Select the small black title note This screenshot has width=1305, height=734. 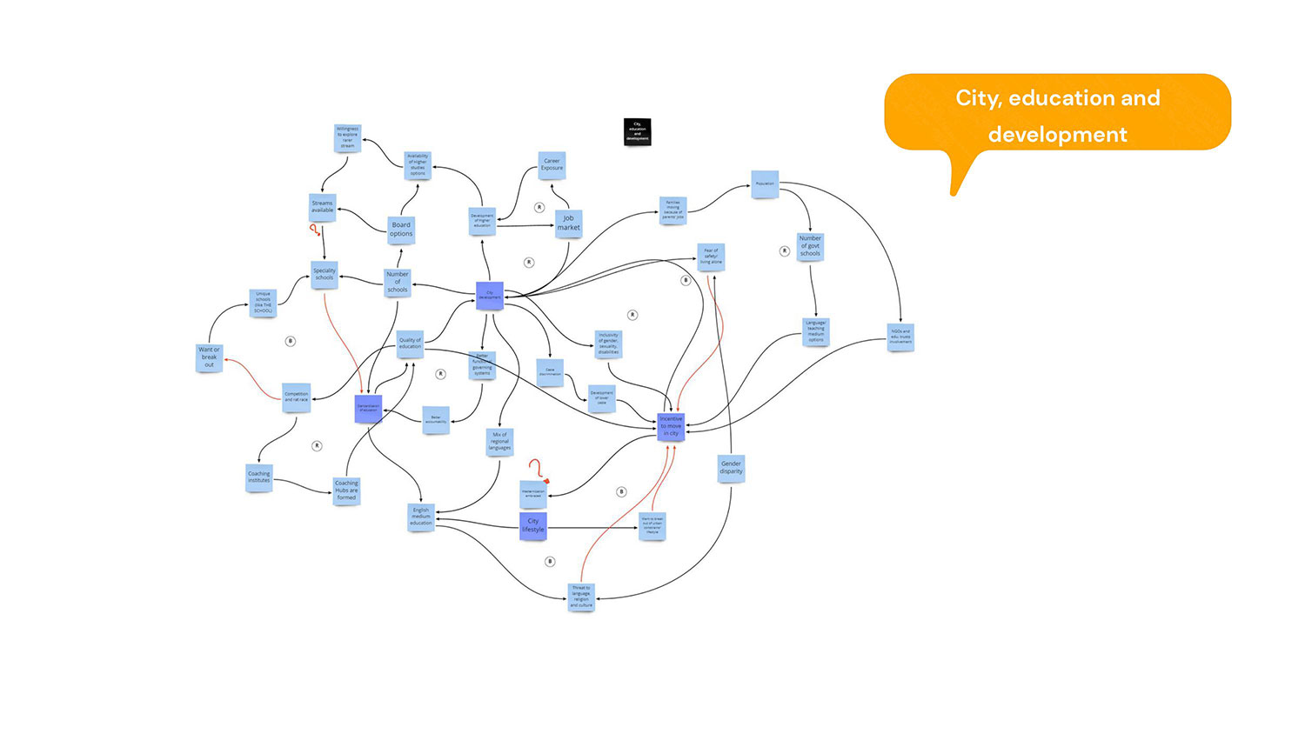coord(637,131)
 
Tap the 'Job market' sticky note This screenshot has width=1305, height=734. coord(568,224)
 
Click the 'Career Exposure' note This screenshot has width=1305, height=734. coord(552,164)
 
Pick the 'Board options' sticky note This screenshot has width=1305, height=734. coord(401,230)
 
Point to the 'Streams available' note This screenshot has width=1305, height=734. coord(323,207)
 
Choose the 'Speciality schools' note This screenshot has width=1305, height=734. coord(325,274)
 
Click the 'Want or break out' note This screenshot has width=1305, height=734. coord(209,357)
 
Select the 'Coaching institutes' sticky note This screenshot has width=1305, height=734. coord(259,477)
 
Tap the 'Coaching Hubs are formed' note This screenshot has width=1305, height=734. coord(346,490)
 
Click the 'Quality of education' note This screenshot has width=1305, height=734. coord(410,344)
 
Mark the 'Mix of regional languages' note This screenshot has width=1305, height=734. coord(499,441)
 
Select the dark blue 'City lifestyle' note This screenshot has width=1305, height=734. coord(532,525)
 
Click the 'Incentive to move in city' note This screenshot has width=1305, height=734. coord(671,426)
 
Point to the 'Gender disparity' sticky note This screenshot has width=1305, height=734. coord(731,468)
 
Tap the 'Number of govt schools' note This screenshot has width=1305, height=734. coord(810,246)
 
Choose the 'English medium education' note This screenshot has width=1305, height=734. coord(421,517)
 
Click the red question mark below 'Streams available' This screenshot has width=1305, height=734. coord(314,230)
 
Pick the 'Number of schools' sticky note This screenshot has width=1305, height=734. coord(398,282)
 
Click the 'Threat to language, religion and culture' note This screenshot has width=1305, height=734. coord(581,597)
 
